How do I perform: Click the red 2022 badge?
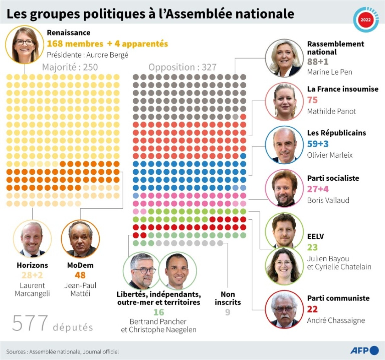(365, 19)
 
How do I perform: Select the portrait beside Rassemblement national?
(284, 58)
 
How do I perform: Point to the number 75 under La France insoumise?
(312, 100)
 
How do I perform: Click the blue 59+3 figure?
(318, 144)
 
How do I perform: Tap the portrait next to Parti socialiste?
(284, 188)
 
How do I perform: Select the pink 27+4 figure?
(318, 189)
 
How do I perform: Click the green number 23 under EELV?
(312, 248)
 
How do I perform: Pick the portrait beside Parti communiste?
(284, 309)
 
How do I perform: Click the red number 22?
(312, 309)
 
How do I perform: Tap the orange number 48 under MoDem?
(80, 275)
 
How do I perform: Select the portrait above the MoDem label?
(80, 239)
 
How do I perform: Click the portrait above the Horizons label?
(32, 239)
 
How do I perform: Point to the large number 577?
(30, 324)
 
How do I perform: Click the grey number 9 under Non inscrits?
(227, 312)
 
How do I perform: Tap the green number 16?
(159, 312)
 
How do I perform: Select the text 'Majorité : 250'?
(70, 67)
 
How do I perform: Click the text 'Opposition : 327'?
(182, 67)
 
